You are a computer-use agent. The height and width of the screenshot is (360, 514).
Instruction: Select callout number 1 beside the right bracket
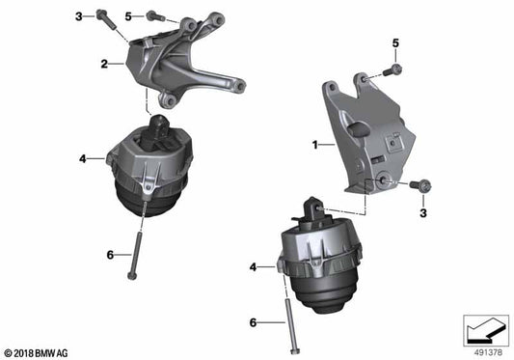tap(313, 145)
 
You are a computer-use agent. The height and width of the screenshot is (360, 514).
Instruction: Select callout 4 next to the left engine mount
tap(84, 156)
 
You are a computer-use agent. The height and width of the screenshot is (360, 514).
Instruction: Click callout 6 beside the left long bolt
tap(111, 254)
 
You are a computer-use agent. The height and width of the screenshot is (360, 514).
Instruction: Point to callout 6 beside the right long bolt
tap(254, 322)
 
